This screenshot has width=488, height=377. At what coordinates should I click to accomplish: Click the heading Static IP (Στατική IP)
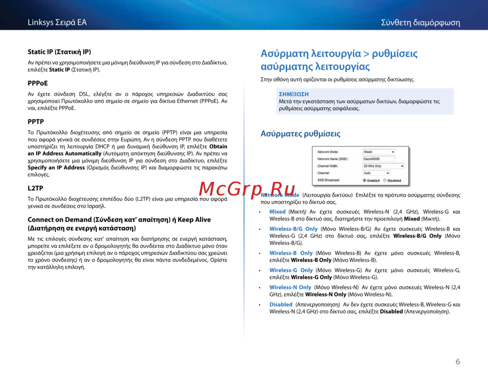[x=59, y=52]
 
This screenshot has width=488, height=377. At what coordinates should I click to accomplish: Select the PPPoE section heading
[x=38, y=83]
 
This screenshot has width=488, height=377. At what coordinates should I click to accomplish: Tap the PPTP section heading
[x=36, y=121]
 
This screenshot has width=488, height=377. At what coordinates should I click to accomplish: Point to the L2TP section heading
[x=36, y=188]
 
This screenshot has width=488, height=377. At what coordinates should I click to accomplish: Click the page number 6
[x=458, y=361]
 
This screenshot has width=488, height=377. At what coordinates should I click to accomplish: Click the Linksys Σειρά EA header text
[x=57, y=22]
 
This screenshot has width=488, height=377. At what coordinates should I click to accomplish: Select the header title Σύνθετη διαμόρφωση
[x=420, y=23]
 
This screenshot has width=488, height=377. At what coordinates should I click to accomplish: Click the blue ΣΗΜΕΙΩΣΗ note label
[x=293, y=94]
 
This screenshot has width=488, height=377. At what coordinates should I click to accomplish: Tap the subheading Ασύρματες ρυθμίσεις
[x=301, y=134]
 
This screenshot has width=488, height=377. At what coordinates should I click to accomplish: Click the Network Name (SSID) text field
[x=378, y=159]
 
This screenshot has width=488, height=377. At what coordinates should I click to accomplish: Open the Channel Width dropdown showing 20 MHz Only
[x=383, y=166]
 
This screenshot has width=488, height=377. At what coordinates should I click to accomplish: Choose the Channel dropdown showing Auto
[x=376, y=173]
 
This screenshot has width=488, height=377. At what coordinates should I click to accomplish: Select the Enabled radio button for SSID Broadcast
[x=365, y=180]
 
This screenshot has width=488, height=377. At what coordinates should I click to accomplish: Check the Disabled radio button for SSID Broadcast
[x=385, y=180]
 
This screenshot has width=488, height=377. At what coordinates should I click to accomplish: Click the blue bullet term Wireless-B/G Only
[x=293, y=229]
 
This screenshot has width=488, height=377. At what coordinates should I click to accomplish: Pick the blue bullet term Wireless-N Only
[x=290, y=287]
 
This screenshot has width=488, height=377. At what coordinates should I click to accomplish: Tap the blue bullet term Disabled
[x=281, y=304]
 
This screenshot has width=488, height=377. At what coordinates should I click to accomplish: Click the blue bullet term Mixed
[x=277, y=212]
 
